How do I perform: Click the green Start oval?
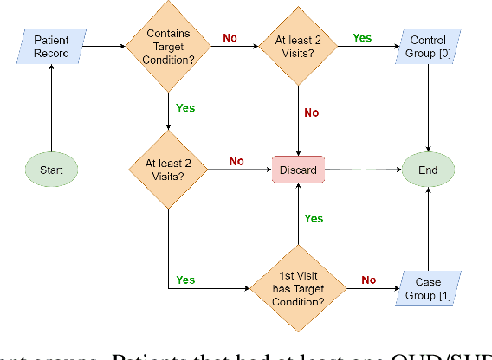(51, 170)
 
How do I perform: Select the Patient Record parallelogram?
(51, 47)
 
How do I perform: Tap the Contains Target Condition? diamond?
(166, 47)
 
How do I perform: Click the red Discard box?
(299, 170)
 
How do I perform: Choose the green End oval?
(428, 170)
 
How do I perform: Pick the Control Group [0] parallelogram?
(428, 47)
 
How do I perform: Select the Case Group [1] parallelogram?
(428, 288)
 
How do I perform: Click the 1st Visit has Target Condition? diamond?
(298, 288)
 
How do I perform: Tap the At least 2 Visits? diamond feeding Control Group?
(298, 47)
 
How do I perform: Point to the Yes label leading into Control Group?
(362, 39)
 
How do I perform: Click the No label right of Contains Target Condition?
(230, 39)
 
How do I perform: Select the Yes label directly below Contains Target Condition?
(185, 108)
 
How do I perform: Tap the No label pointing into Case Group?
(368, 280)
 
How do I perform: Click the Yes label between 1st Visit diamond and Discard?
(314, 219)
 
